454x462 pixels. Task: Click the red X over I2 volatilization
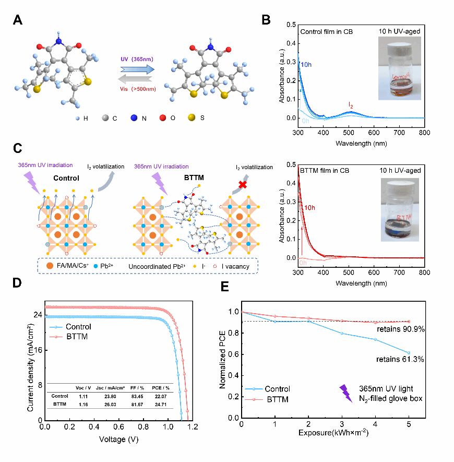tap(242, 184)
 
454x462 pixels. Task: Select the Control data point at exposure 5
tap(409, 353)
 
